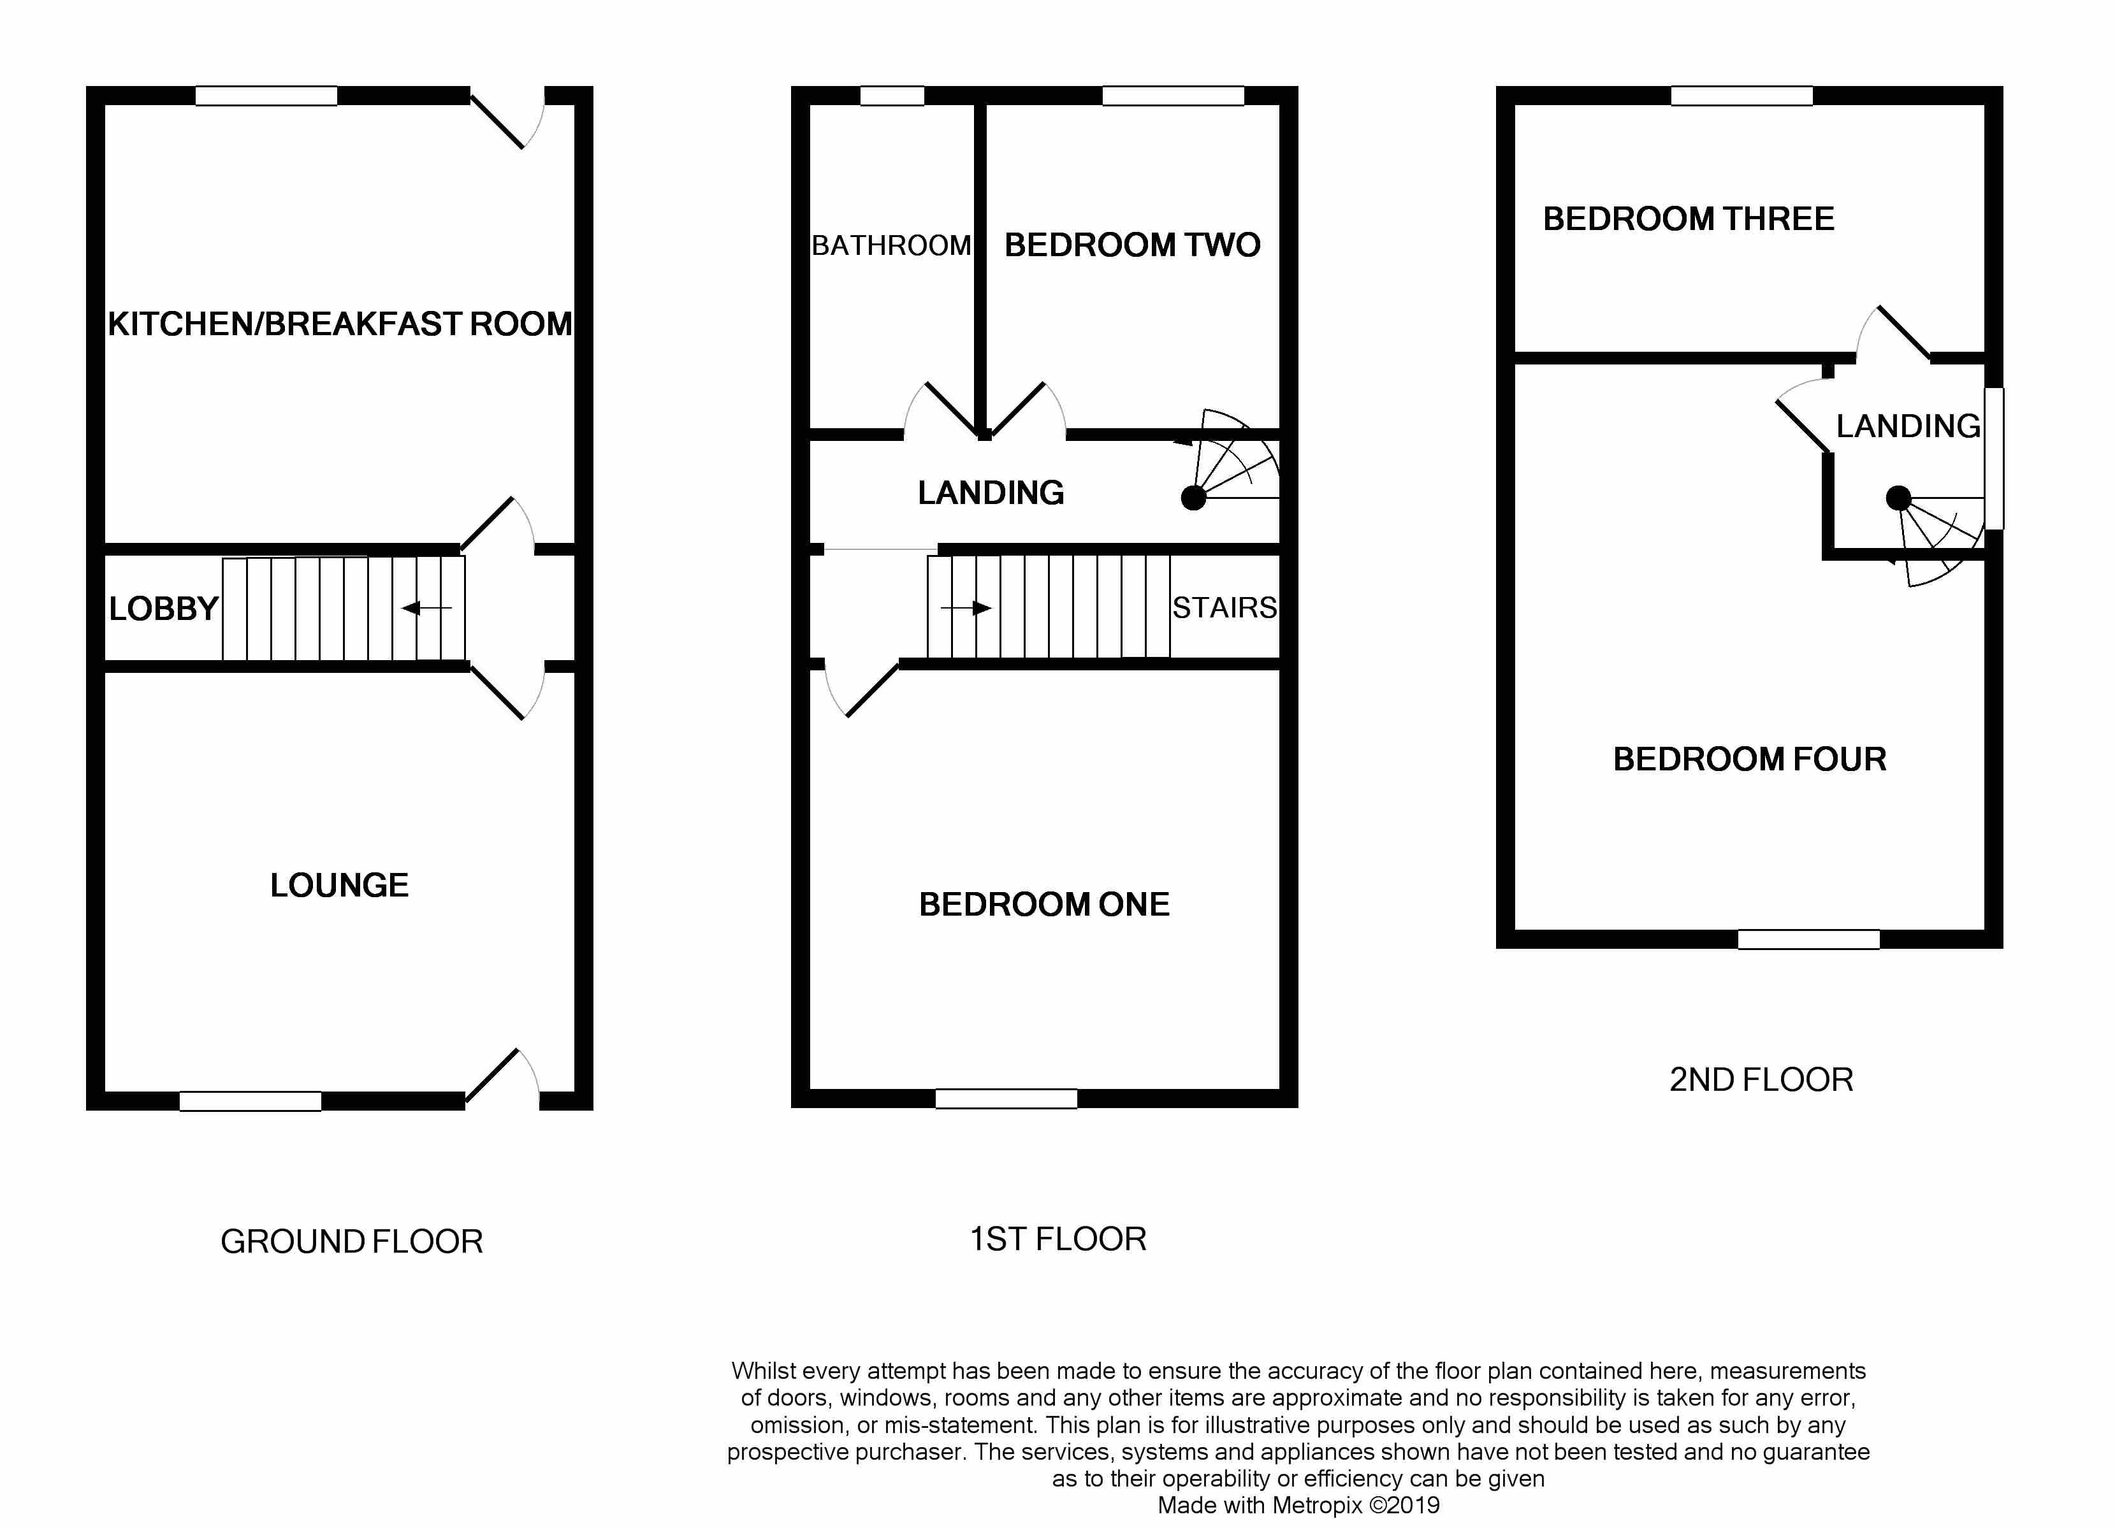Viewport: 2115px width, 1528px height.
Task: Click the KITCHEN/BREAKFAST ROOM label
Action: pyautogui.click(x=340, y=324)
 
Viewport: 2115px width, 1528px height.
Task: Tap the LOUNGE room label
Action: pyautogui.click(x=340, y=884)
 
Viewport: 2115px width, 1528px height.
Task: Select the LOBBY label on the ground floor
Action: pyautogui.click(x=163, y=609)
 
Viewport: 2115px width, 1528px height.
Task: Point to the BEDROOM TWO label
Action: pyautogui.click(x=1132, y=245)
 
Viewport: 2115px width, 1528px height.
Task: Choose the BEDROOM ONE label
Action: pyautogui.click(x=1043, y=904)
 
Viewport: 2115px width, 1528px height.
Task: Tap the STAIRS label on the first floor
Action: pyautogui.click(x=1223, y=608)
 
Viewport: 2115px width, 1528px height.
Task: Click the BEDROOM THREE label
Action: pyautogui.click(x=1688, y=219)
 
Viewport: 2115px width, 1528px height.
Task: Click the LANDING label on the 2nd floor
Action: pyautogui.click(x=1908, y=426)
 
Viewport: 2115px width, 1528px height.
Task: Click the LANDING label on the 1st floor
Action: pyautogui.click(x=991, y=493)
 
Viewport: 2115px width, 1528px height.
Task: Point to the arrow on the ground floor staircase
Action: pyautogui.click(x=425, y=609)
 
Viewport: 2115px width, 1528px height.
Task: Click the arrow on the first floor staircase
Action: pyautogui.click(x=967, y=609)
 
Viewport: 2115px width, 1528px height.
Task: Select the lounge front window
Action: pyautogui.click(x=250, y=1102)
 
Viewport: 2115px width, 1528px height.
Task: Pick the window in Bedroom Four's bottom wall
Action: pyautogui.click(x=1807, y=940)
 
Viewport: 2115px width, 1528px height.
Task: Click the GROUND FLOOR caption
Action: pyautogui.click(x=352, y=1242)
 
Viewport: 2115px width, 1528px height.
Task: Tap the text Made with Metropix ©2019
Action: pyautogui.click(x=1298, y=1504)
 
